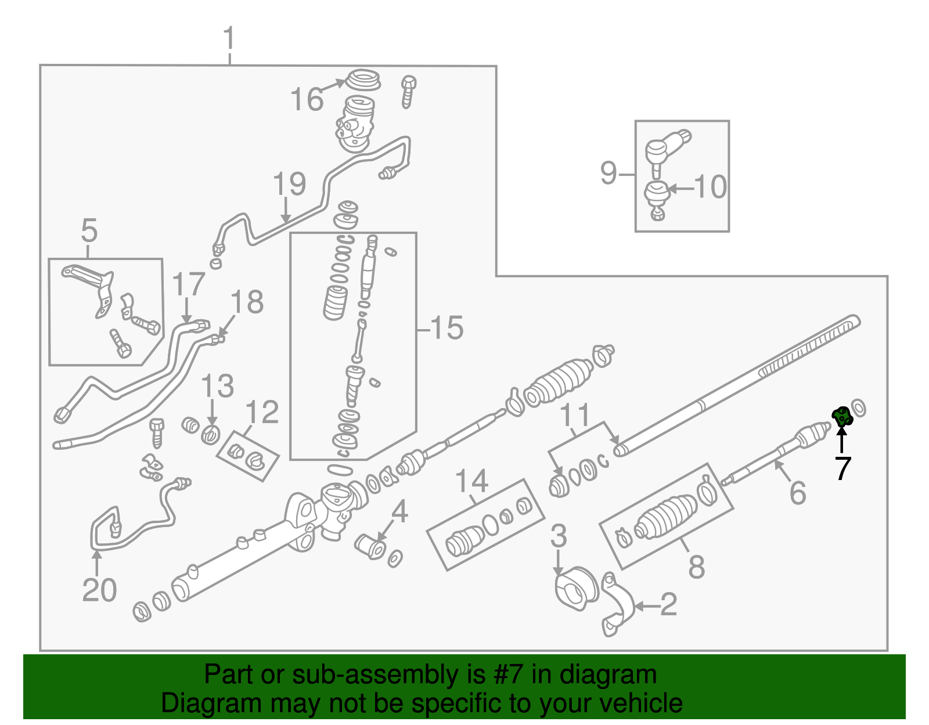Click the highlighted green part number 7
841,416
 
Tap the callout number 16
307,99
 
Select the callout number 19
289,184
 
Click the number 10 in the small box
710,187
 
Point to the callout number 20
99,590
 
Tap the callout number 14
471,482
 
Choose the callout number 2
668,605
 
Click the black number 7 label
842,468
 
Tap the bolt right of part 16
409,91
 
